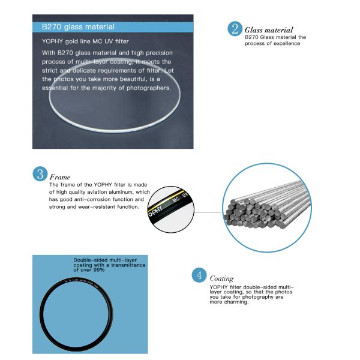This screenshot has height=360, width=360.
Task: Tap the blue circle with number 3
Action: click(40, 174)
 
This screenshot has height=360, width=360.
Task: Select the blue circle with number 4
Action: click(199, 276)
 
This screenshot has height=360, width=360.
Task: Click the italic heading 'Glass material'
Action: click(269, 29)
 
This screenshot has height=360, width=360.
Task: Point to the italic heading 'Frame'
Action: click(60, 178)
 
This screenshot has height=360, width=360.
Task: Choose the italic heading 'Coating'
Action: click(221, 278)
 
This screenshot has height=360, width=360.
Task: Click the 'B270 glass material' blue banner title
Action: click(78, 27)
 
